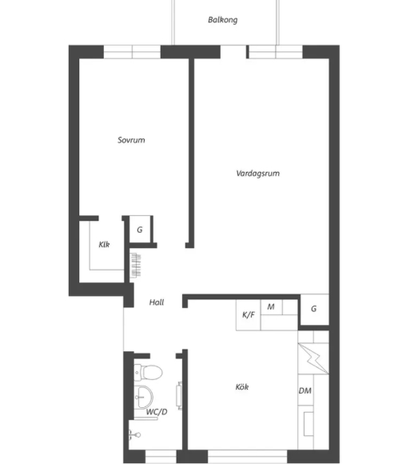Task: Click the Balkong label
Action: pyautogui.click(x=223, y=20)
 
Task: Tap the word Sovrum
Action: pyautogui.click(x=131, y=140)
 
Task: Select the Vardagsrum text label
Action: pyautogui.click(x=258, y=174)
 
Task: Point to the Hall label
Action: pyautogui.click(x=157, y=302)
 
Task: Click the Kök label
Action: pyautogui.click(x=242, y=386)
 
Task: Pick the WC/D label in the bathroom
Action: pyautogui.click(x=157, y=412)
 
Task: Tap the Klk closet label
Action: pyautogui.click(x=104, y=245)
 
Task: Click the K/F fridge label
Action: pyautogui.click(x=249, y=314)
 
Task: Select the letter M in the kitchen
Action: pyautogui.click(x=271, y=307)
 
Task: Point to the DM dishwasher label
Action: pyautogui.click(x=305, y=391)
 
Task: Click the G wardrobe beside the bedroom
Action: pyautogui.click(x=140, y=230)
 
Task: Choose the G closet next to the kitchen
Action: pyautogui.click(x=313, y=309)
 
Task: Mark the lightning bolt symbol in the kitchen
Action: pyautogui.click(x=313, y=358)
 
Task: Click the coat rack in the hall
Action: pyautogui.click(x=135, y=265)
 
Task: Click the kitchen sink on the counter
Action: pyautogui.click(x=308, y=424)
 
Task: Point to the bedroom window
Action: pyautogui.click(x=132, y=52)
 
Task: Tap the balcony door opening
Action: pyautogui.click(x=233, y=52)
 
